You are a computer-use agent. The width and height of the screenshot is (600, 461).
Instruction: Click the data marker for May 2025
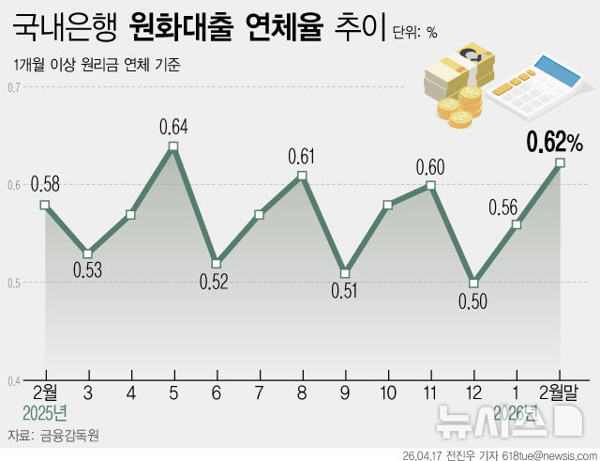click(173, 146)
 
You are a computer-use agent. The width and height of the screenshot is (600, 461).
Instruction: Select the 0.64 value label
click(173, 126)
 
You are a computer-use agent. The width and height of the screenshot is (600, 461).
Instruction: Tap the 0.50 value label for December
click(474, 301)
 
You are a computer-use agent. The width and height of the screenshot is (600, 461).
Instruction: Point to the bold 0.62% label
click(554, 143)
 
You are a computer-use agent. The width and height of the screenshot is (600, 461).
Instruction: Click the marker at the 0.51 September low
click(345, 273)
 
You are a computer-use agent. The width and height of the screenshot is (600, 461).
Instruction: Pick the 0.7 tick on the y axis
click(14, 88)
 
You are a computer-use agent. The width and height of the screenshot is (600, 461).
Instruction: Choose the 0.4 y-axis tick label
click(14, 380)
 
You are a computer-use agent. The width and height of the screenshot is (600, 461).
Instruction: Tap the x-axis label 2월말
click(560, 392)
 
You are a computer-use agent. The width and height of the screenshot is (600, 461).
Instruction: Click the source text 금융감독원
click(68, 437)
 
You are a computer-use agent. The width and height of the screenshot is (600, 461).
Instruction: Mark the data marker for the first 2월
click(45, 205)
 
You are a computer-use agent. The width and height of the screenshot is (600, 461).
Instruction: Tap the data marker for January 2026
click(517, 224)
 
